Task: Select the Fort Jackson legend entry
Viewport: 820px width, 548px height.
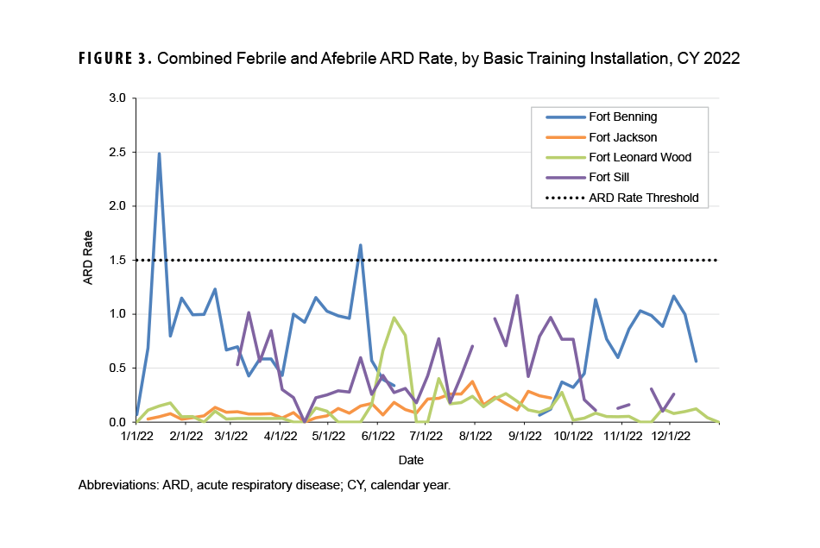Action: tap(622, 137)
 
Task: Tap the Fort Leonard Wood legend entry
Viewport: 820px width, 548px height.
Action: tap(640, 157)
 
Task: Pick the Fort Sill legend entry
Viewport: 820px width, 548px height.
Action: tap(609, 178)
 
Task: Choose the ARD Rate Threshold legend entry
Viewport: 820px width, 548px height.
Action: tap(643, 198)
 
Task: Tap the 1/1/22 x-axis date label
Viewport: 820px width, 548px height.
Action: tap(137, 438)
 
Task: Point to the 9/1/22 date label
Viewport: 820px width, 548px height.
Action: tap(524, 438)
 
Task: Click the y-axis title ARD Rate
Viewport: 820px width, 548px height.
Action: tap(88, 260)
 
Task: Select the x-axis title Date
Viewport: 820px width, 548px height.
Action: tap(411, 460)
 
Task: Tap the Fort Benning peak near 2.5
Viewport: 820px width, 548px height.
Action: tap(159, 154)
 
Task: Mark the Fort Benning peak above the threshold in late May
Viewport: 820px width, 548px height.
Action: tap(360, 245)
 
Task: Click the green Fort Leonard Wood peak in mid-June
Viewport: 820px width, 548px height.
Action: tap(394, 318)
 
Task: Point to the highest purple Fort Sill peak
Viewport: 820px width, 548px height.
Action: tap(517, 295)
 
